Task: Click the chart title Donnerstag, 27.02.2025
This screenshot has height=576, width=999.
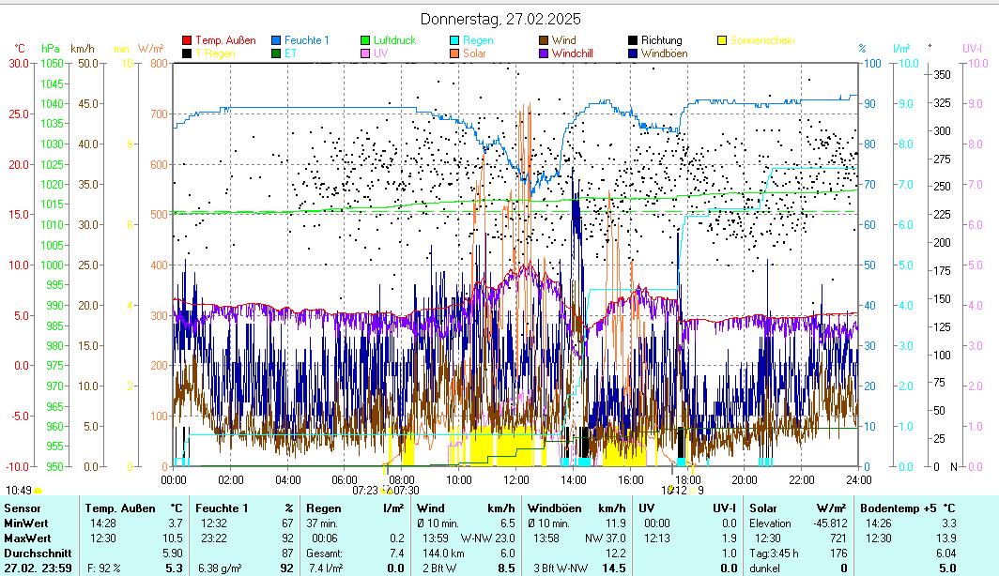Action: (499, 19)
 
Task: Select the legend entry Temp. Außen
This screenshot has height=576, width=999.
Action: (224, 40)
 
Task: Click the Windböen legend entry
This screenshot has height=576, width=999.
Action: (663, 53)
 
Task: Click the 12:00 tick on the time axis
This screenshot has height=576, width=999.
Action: (516, 479)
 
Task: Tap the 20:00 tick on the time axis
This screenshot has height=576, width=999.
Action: (745, 479)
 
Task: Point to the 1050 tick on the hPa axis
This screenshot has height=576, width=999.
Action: (52, 63)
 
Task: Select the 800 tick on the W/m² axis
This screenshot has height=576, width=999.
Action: (156, 63)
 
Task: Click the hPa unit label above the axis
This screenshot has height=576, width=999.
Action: (50, 48)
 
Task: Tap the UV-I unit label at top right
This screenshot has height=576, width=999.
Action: (973, 48)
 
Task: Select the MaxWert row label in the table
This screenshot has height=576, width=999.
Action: (25, 538)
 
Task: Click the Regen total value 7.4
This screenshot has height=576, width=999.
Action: (395, 553)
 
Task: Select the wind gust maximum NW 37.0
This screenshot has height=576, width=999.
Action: (607, 538)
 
